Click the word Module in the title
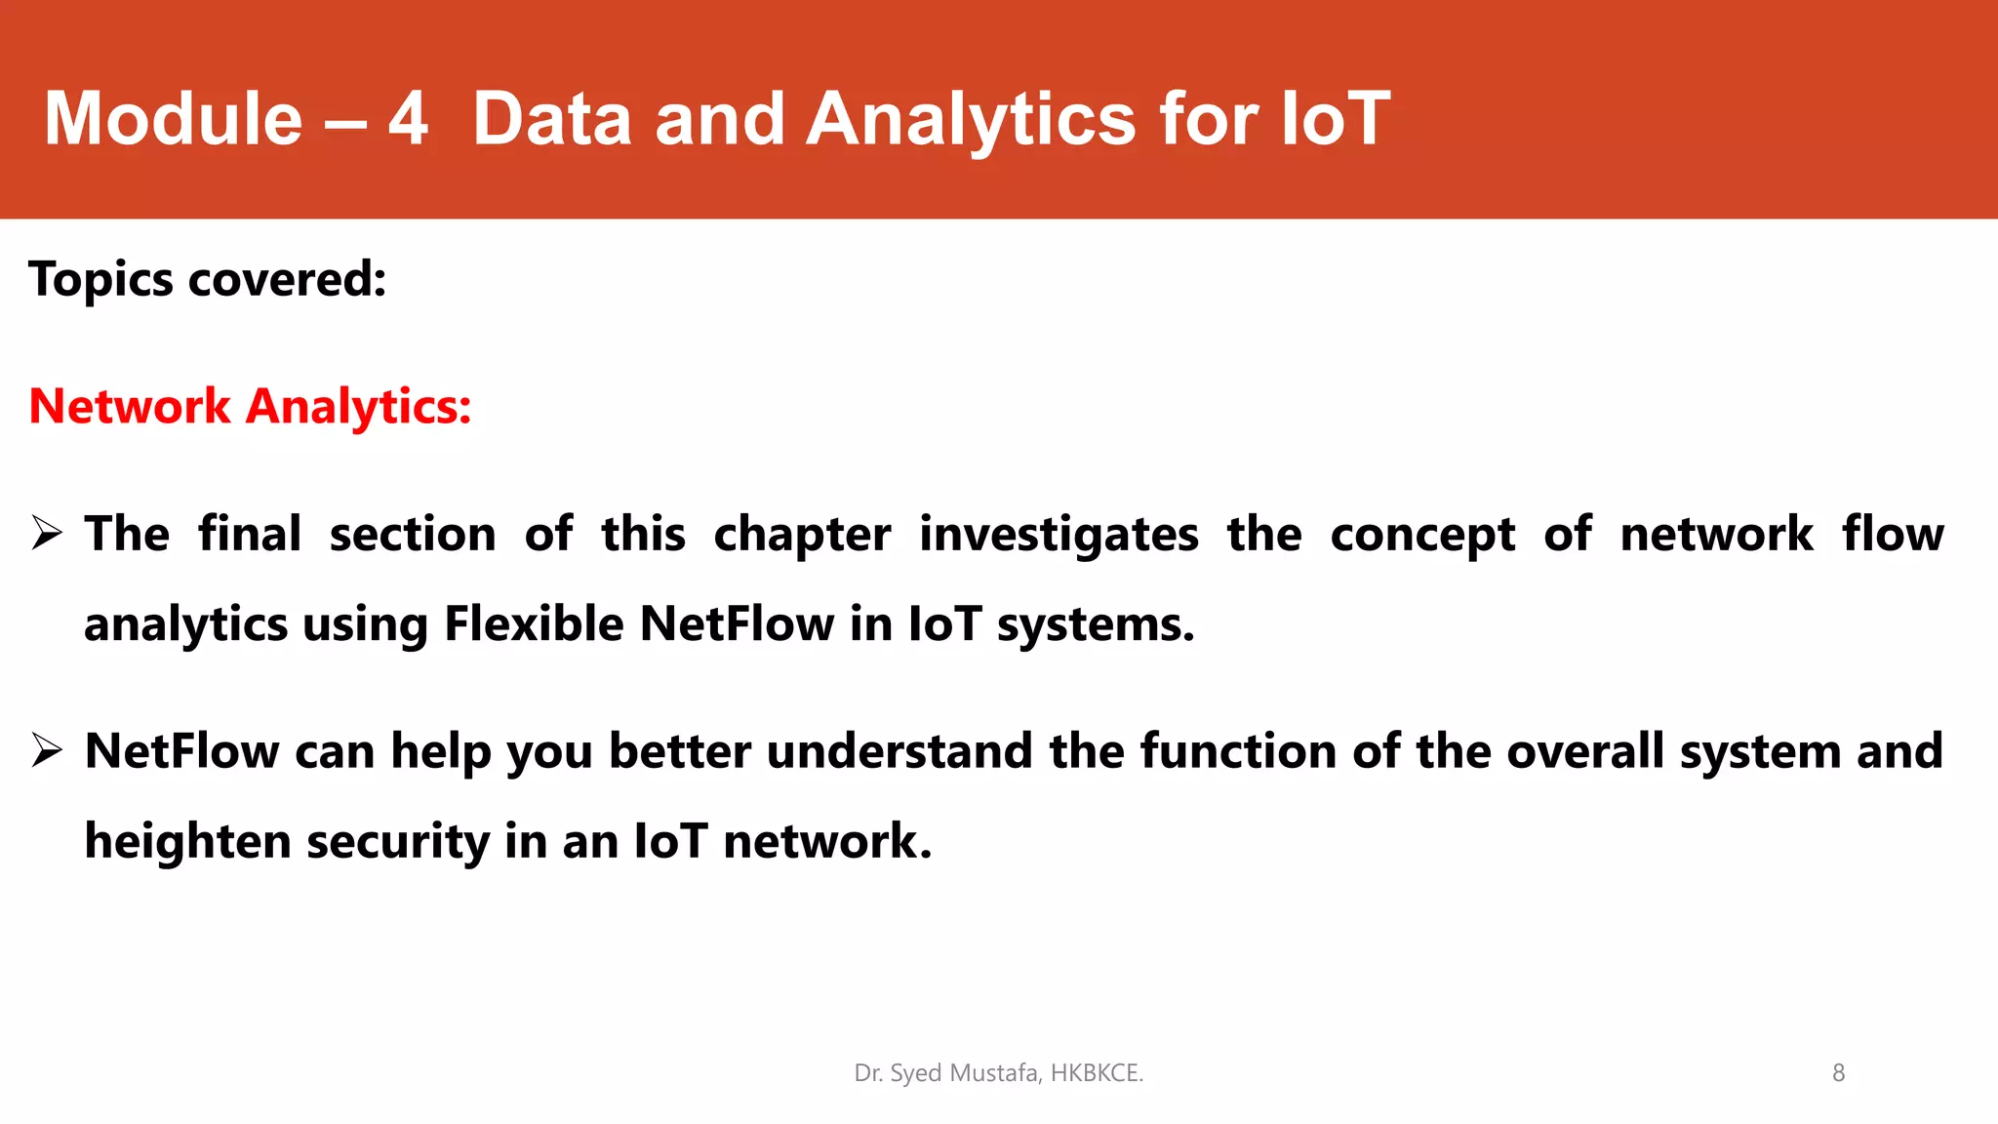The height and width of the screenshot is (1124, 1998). pyautogui.click(x=174, y=119)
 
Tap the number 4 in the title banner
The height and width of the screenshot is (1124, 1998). pyautogui.click(x=408, y=119)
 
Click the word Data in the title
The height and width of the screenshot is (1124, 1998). pyautogui.click(x=552, y=119)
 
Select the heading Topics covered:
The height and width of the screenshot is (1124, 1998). pyautogui.click(x=208, y=280)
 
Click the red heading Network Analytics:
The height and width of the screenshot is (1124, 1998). pyautogui.click(x=251, y=407)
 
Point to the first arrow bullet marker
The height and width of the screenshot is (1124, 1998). pyautogui.click(x=46, y=534)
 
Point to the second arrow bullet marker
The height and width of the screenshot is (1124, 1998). pyautogui.click(x=46, y=751)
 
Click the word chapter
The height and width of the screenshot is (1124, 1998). pyautogui.click(x=802, y=535)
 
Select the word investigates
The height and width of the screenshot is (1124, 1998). pyautogui.click(x=1059, y=535)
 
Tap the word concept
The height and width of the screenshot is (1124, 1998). pyautogui.click(x=1422, y=535)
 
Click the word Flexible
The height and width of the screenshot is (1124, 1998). pyautogui.click(x=534, y=624)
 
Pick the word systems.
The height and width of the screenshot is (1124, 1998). pyautogui.click(x=1095, y=624)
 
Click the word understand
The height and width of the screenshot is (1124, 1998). pyautogui.click(x=899, y=751)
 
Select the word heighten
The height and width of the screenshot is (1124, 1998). pyautogui.click(x=187, y=841)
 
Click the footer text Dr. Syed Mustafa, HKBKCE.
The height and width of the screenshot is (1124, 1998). pyautogui.click(x=998, y=1073)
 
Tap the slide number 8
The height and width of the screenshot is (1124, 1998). pyautogui.click(x=1838, y=1073)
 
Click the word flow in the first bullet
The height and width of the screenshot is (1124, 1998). pyautogui.click(x=1893, y=535)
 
